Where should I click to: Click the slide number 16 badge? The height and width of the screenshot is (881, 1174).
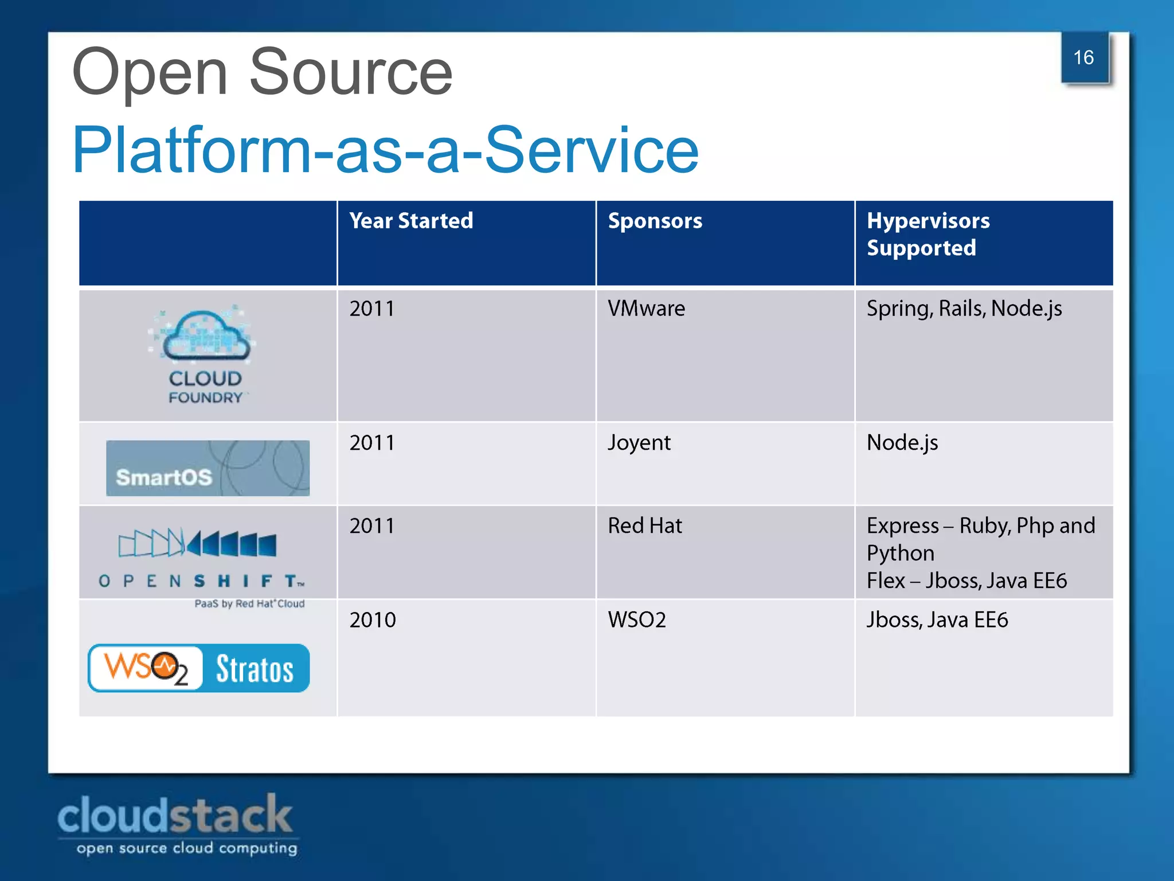point(1083,58)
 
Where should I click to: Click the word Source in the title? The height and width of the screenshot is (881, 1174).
point(351,73)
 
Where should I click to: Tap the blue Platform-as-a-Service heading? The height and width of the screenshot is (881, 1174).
point(385,150)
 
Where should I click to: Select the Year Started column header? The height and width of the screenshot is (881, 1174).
point(411,221)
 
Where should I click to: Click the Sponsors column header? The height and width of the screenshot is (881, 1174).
point(655,221)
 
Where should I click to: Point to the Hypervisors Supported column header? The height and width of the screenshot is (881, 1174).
point(928,234)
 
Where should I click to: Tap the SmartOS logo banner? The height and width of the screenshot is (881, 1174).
point(208,468)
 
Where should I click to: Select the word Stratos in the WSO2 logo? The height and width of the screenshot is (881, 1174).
point(255,669)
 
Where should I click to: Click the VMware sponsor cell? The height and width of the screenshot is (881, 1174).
point(646,309)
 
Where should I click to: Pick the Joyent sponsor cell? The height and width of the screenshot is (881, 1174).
point(639,443)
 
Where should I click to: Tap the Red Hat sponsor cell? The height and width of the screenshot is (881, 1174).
point(644,526)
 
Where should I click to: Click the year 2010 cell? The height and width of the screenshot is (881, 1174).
point(373,620)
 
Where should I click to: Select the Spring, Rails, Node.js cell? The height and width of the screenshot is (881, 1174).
point(964,309)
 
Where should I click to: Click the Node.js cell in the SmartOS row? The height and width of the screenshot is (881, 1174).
point(902,443)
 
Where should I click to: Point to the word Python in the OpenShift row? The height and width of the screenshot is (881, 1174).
point(900,553)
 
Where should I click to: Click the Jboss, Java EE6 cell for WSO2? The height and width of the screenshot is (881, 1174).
point(937,620)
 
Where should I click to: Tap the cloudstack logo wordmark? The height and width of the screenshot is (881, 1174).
point(175,815)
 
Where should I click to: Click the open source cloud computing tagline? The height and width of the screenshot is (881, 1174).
point(187,848)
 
